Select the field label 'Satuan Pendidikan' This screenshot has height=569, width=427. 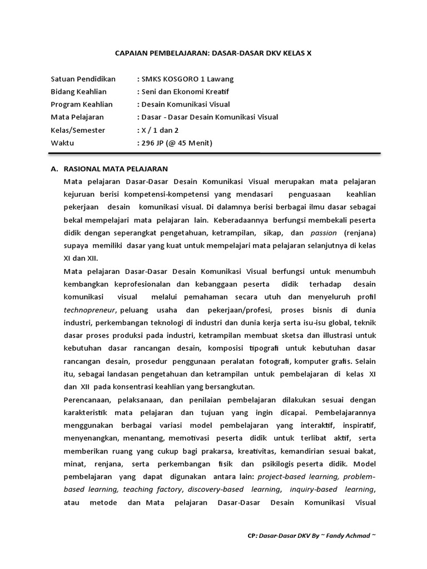click(83, 79)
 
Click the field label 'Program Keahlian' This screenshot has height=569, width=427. click(82, 104)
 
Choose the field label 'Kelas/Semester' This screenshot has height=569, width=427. click(78, 130)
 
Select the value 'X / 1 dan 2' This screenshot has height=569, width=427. click(158, 130)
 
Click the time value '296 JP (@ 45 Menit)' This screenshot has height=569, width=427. click(176, 143)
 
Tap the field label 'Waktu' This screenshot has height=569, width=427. click(62, 143)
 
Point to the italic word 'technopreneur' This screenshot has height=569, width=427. click(90, 310)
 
